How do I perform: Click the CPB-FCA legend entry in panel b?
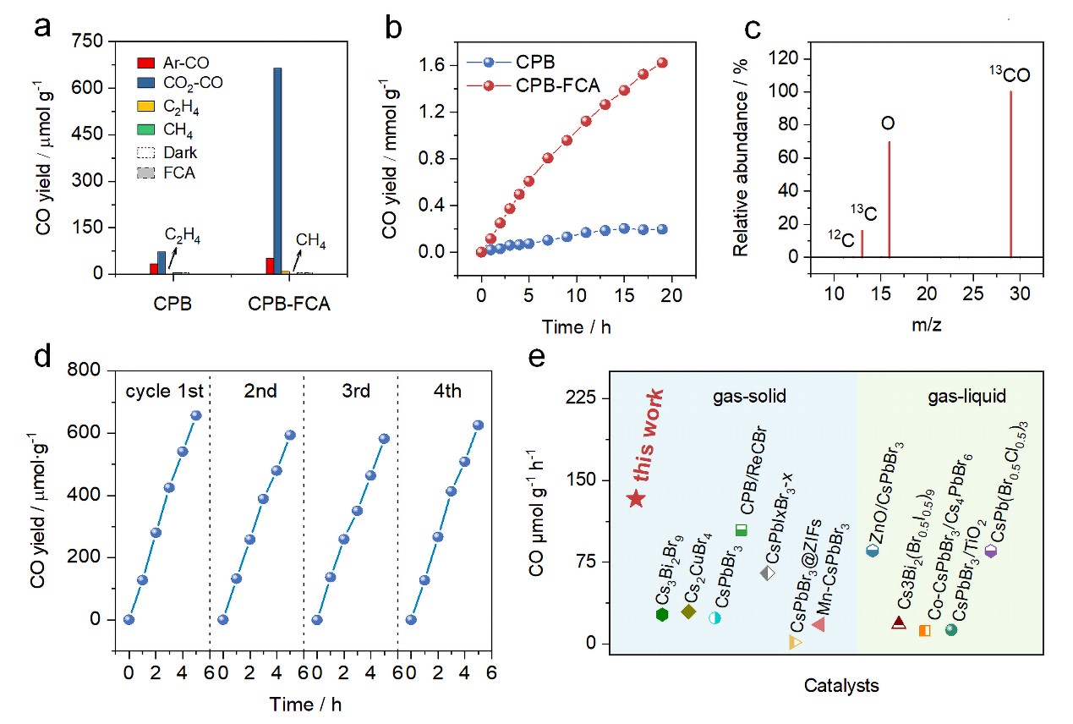(546, 85)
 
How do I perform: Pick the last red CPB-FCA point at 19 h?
(662, 63)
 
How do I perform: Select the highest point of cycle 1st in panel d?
(196, 415)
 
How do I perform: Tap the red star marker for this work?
(638, 499)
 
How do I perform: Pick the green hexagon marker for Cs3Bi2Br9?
(662, 615)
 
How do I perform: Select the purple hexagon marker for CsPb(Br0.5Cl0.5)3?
(991, 551)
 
